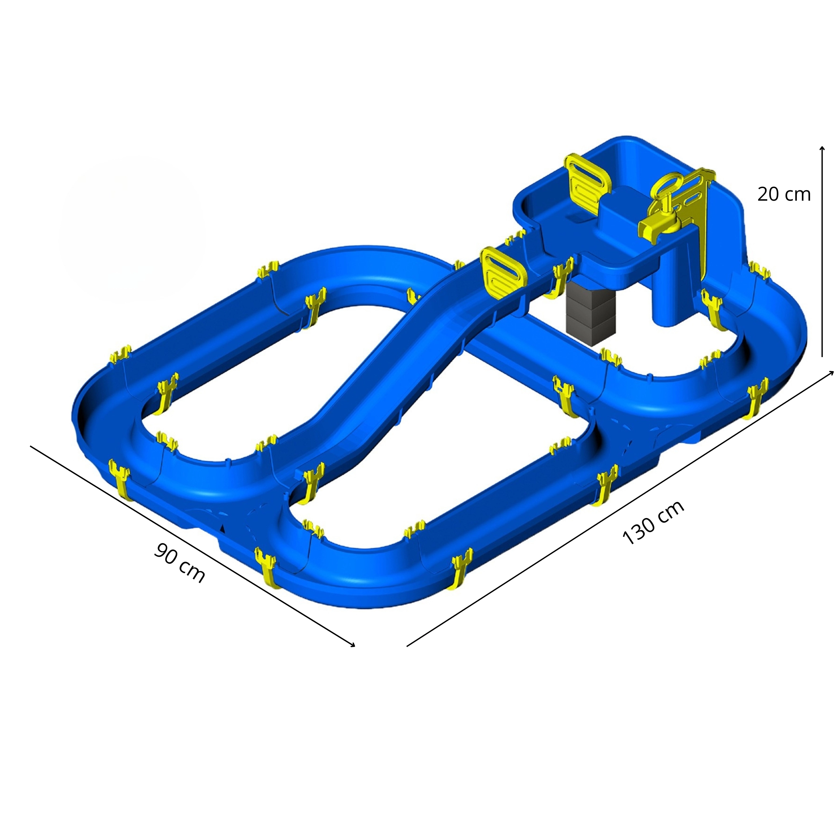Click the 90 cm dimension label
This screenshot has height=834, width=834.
tap(179, 563)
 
